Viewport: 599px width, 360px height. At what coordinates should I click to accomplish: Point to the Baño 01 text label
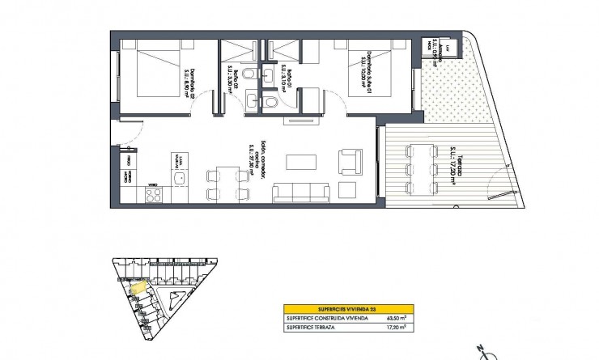[x=288, y=81]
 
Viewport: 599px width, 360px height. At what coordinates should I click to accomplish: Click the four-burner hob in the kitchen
[x=153, y=195]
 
